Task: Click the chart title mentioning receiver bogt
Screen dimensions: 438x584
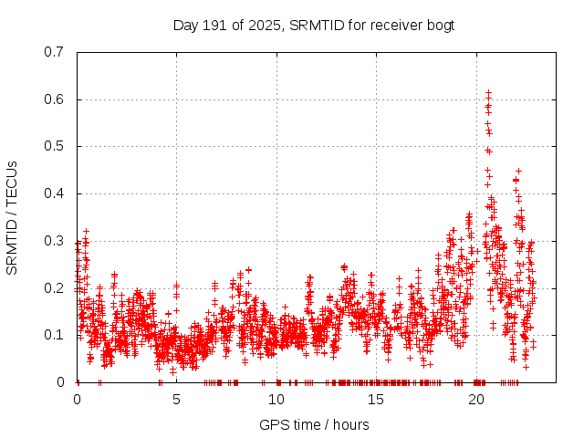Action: (313, 26)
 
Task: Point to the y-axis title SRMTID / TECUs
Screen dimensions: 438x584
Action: (12, 217)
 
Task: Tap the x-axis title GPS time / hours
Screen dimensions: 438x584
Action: (313, 424)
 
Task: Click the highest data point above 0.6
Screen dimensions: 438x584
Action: (488, 92)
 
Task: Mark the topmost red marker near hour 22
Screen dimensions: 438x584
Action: (518, 171)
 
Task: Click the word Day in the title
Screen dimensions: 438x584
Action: (185, 26)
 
